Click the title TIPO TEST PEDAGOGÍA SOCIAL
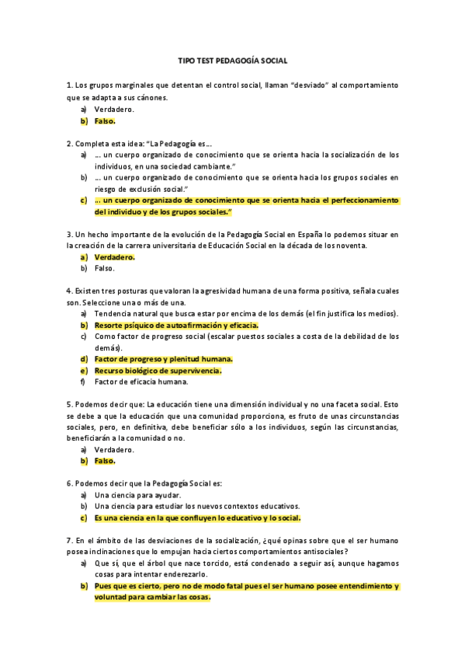point(232,60)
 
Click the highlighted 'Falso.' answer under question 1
point(104,121)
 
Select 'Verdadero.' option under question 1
point(114,110)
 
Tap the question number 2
point(69,143)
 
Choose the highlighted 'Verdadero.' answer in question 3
point(114,256)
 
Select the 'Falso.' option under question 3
point(104,268)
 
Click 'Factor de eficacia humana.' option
point(141,382)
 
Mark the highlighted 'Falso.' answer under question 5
point(104,461)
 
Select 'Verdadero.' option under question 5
point(114,449)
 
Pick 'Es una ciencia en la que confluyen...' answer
point(197,518)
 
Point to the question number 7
point(69,539)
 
